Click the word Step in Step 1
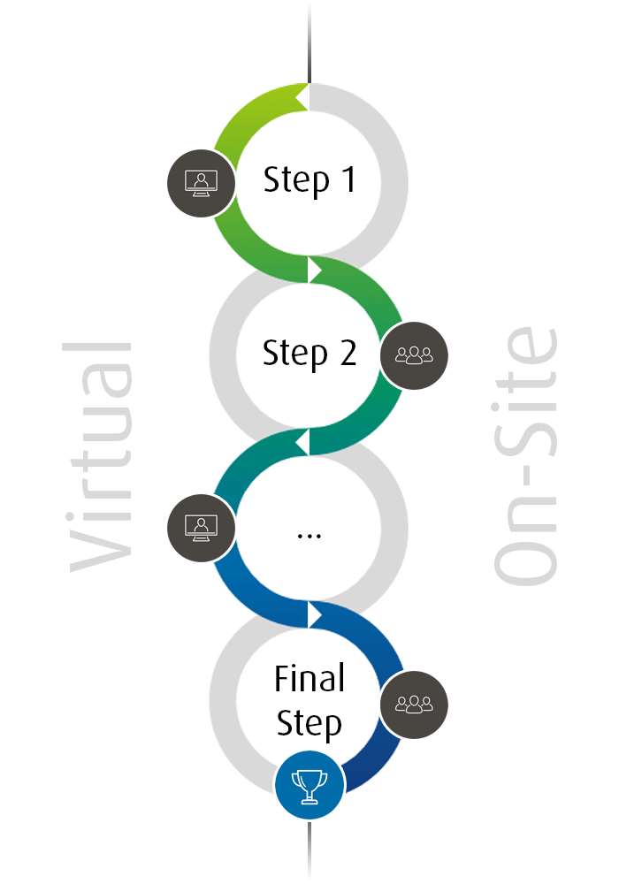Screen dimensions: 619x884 pyautogui.click(x=296, y=180)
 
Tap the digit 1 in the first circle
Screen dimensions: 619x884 pyautogui.click(x=349, y=179)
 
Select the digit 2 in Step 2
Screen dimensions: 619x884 pyautogui.click(x=348, y=353)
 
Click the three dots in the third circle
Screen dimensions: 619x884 pyautogui.click(x=309, y=537)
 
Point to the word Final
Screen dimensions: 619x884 pyautogui.click(x=309, y=678)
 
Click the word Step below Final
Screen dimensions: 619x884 pyautogui.click(x=309, y=723)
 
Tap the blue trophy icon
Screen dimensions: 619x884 pyautogui.click(x=309, y=785)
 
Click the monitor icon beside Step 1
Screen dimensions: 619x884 pyautogui.click(x=202, y=183)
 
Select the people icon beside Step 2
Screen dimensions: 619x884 pyautogui.click(x=415, y=355)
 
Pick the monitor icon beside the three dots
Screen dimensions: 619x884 pyautogui.click(x=202, y=529)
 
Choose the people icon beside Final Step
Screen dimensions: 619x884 pyautogui.click(x=415, y=705)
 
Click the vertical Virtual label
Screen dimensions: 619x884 pyautogui.click(x=100, y=457)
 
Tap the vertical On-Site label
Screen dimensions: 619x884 pyautogui.click(x=525, y=455)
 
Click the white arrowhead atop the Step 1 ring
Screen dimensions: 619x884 pyautogui.click(x=302, y=97)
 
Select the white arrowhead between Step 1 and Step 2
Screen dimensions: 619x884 pyautogui.click(x=315, y=270)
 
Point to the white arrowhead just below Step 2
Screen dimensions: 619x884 pyautogui.click(x=302, y=442)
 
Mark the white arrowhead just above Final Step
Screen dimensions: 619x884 pyautogui.click(x=315, y=614)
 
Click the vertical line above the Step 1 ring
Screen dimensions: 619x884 pyautogui.click(x=309, y=42)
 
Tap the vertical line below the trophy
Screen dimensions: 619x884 pyautogui.click(x=309, y=850)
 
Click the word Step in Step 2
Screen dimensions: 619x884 pyautogui.click(x=294, y=354)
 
